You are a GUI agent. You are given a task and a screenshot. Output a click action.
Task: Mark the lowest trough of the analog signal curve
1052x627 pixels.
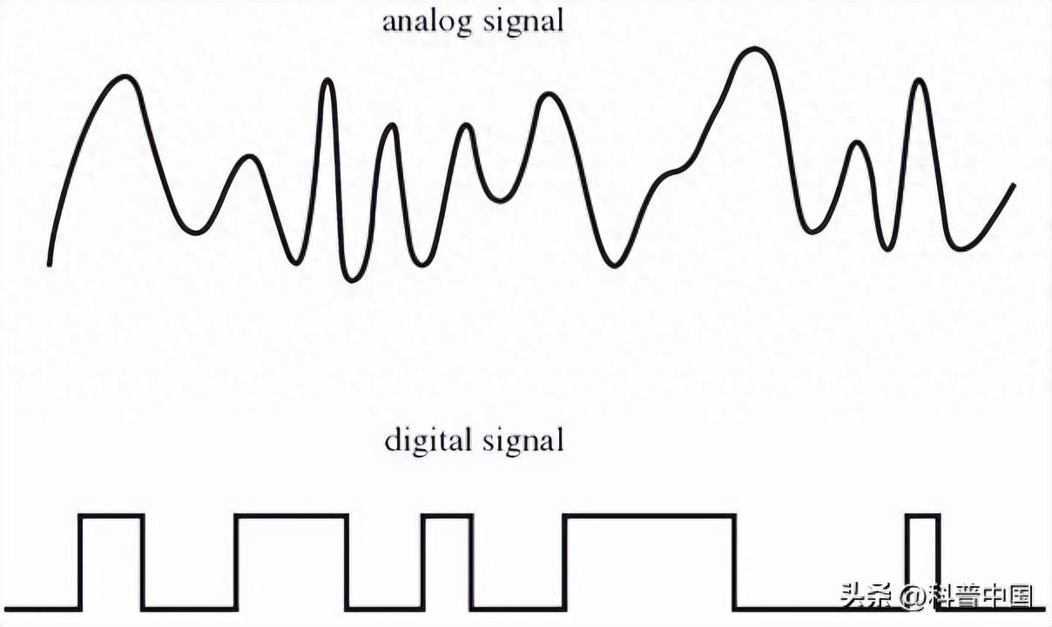(351, 280)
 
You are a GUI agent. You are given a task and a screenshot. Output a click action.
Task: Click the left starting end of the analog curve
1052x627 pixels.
(50, 265)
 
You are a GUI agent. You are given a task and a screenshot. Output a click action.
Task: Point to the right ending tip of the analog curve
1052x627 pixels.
(1014, 185)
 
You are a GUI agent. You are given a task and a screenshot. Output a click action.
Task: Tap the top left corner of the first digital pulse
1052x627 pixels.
(80, 516)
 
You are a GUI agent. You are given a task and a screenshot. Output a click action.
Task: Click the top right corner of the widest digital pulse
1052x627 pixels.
(734, 516)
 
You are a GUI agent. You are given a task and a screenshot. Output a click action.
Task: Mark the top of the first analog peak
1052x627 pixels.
(125, 77)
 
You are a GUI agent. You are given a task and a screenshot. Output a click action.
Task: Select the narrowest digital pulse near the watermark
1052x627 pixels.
(923, 563)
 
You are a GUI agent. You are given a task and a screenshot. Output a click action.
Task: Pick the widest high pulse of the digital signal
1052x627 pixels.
(650, 563)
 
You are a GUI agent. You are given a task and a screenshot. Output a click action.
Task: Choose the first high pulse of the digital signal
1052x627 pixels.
(111, 563)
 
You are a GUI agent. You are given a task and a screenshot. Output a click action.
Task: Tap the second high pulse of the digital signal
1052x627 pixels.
(292, 563)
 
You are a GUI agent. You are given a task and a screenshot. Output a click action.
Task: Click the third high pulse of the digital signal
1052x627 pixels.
(447, 563)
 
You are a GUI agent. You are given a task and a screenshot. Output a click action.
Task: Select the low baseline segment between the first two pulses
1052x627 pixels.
(189, 610)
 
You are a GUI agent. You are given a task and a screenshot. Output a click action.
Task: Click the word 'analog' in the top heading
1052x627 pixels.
(427, 23)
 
